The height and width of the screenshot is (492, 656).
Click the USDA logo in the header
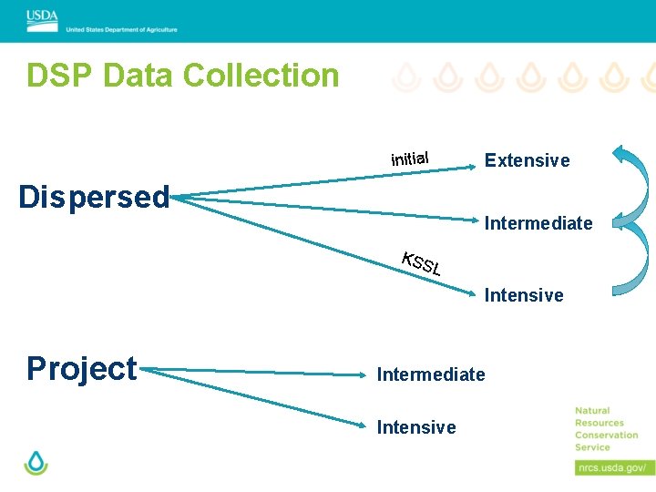[42, 15]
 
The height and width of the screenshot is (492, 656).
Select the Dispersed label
[95, 196]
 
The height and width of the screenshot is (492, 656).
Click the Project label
[82, 368]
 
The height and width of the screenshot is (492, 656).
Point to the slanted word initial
[410, 158]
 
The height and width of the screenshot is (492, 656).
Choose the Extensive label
[527, 161]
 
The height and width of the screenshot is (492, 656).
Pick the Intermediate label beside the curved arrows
[538, 223]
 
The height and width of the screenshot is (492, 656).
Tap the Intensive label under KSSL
[524, 295]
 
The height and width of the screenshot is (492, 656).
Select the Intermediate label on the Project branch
[431, 374]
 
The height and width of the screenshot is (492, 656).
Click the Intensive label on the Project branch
[416, 427]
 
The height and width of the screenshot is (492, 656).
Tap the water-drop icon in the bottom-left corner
[36, 462]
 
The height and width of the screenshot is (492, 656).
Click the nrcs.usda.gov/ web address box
[614, 467]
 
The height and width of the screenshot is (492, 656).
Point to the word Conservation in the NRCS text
[606, 435]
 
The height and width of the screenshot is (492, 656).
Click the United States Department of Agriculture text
[121, 29]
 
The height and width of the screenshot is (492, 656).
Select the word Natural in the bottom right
[592, 411]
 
